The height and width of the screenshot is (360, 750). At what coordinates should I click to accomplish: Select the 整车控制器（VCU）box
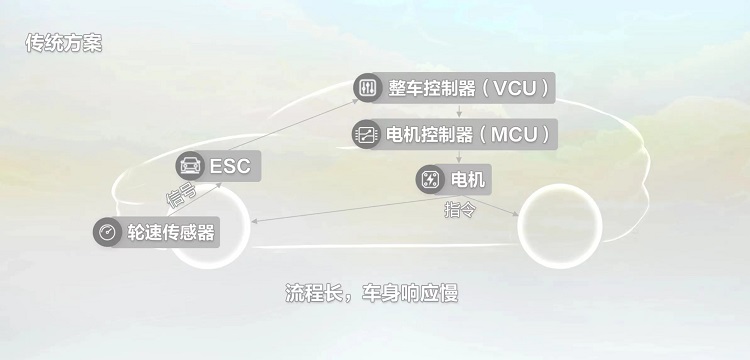(454, 88)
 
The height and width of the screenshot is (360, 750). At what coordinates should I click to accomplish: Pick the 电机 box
(454, 180)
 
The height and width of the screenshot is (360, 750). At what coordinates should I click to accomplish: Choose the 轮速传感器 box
(157, 232)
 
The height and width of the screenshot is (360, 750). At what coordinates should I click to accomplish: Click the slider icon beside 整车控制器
(367, 88)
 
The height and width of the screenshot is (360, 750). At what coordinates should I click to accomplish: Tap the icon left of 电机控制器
(367, 133)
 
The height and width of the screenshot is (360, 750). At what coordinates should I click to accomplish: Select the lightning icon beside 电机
(430, 180)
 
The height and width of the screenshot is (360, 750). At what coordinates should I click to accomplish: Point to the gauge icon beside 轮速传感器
(107, 232)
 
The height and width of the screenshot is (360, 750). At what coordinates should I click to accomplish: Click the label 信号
(180, 190)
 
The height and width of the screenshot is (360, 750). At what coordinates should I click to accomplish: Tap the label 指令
(459, 210)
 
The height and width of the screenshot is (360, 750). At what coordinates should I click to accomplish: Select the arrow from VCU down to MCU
(459, 110)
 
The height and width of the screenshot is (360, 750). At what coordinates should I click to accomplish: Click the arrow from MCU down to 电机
(459, 156)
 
